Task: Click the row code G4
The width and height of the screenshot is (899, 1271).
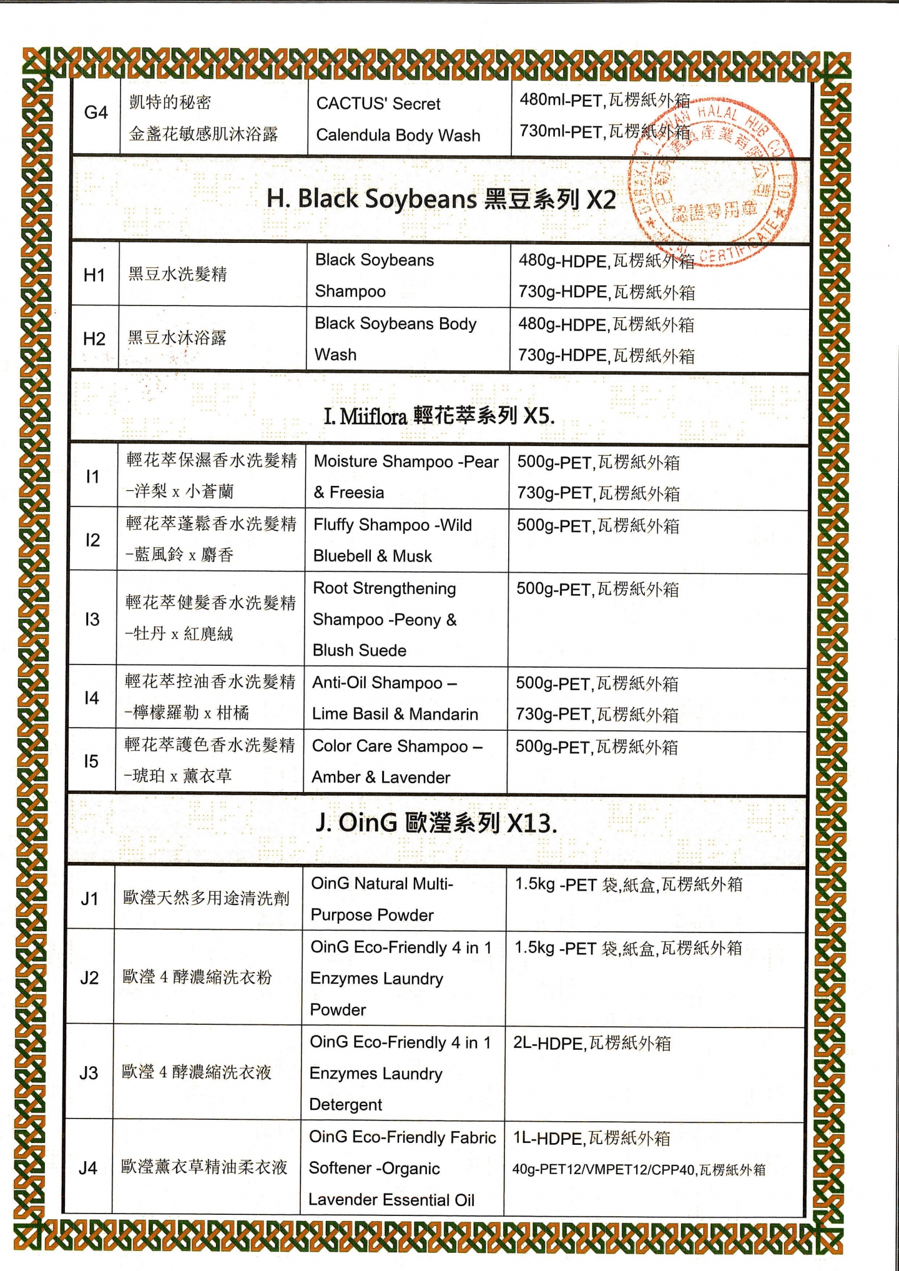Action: tap(96, 113)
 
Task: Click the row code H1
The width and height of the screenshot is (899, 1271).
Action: tap(94, 275)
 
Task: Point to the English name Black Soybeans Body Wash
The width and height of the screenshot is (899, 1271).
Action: tap(395, 339)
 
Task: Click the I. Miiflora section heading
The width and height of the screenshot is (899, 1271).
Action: tap(438, 415)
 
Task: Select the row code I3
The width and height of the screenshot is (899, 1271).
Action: tap(92, 619)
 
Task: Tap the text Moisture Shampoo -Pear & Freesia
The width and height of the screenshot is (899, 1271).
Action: tap(406, 477)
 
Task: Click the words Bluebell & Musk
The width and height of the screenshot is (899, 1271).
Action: tap(372, 556)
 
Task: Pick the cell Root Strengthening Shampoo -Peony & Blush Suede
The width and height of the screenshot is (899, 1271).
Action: tap(385, 619)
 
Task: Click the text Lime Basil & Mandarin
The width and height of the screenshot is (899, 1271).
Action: tap(395, 714)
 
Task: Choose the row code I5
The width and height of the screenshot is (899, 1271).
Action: tap(91, 761)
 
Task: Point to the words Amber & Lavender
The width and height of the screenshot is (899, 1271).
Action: tap(381, 777)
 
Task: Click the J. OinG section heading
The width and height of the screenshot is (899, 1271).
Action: tap(436, 823)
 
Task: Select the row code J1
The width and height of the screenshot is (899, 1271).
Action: tap(89, 899)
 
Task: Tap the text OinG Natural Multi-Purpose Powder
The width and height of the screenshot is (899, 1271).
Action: tap(381, 899)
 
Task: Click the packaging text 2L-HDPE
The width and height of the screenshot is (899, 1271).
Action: tap(548, 1044)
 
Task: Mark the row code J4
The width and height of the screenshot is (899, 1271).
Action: tap(88, 1167)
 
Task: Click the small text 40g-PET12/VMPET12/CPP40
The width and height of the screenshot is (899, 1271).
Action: tap(604, 1170)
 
